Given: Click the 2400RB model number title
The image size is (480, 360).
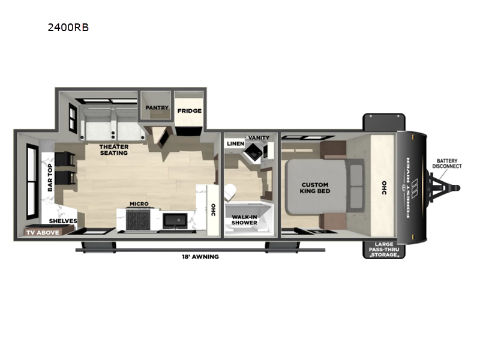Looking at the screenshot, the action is click(x=68, y=28).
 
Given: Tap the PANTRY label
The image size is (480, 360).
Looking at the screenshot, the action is click(x=157, y=107).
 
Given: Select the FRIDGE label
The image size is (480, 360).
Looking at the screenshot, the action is click(x=190, y=111).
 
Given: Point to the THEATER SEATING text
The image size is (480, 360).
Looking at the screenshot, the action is click(x=114, y=149).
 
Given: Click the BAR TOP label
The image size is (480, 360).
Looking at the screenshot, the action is click(x=50, y=178).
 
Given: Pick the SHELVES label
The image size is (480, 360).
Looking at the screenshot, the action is click(x=63, y=221).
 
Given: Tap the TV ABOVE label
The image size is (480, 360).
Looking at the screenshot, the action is click(x=43, y=233).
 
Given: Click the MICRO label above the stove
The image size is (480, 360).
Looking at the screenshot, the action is click(x=139, y=203).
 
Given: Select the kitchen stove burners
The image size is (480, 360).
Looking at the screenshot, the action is click(x=138, y=219).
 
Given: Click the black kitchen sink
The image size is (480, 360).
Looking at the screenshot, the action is click(x=175, y=220).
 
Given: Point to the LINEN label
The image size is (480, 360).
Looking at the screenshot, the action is click(x=236, y=143).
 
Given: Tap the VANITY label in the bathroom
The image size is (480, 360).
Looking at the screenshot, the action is click(x=259, y=137).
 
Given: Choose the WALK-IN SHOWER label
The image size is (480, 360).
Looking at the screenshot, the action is click(x=244, y=220).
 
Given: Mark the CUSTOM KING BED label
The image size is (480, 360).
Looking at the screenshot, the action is click(x=315, y=188).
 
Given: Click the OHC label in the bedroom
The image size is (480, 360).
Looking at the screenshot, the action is click(x=384, y=188).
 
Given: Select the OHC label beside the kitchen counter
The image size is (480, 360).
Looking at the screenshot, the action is click(x=213, y=210).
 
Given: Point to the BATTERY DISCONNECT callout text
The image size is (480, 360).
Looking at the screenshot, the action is click(x=447, y=163).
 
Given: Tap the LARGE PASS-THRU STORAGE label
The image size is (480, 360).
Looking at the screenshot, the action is click(x=384, y=250).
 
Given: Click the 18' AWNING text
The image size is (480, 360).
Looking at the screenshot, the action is click(x=200, y=257).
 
